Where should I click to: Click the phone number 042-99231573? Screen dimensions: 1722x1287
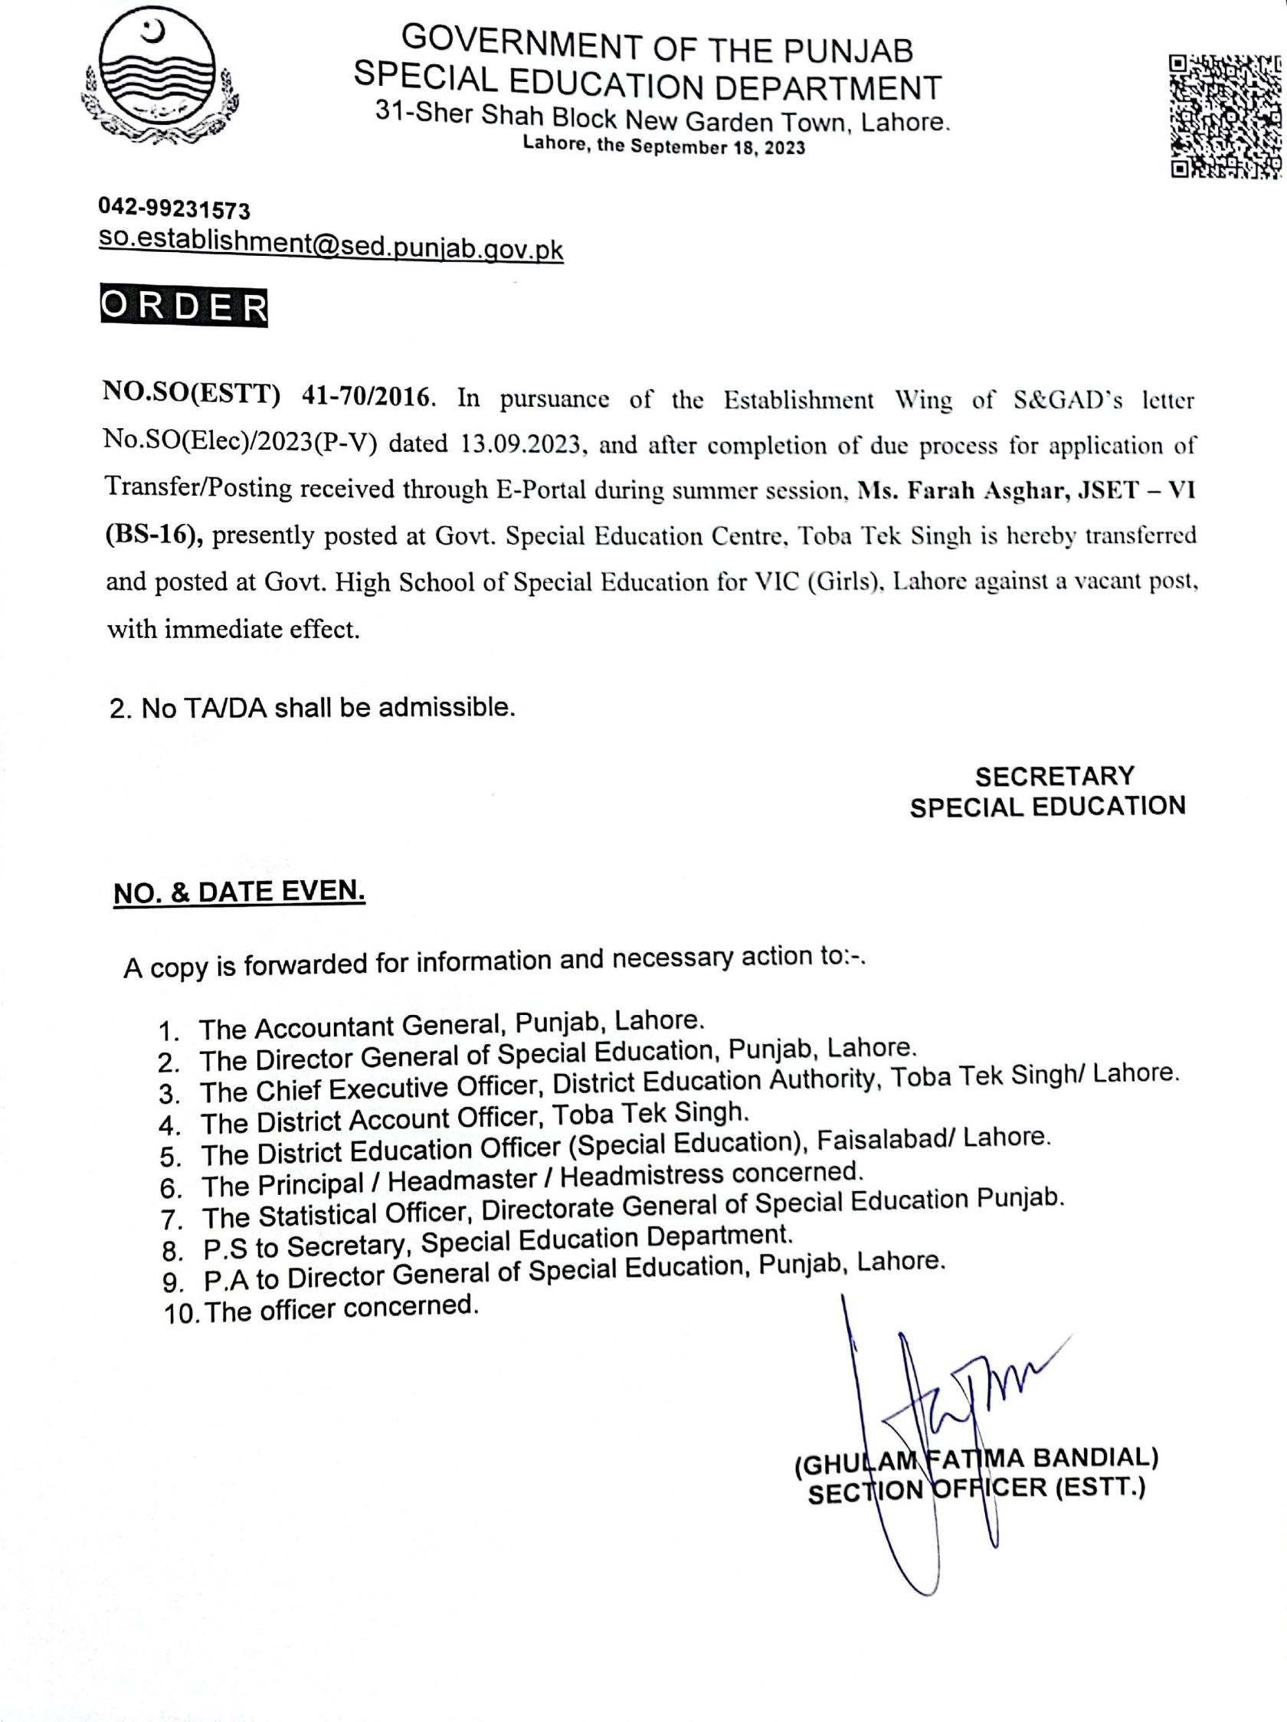[x=175, y=209]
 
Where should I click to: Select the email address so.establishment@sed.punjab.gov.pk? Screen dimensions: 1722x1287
[x=330, y=246]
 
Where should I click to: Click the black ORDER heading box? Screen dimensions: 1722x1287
[x=184, y=307]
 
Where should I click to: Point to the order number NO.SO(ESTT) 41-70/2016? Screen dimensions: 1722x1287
[x=267, y=397]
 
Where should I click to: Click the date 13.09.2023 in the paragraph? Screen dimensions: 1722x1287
[x=521, y=444]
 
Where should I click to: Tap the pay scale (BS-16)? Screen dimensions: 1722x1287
[x=154, y=535]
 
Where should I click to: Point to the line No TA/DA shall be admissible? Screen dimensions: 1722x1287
[x=313, y=708]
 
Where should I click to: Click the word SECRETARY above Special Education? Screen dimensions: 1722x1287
[x=1054, y=776]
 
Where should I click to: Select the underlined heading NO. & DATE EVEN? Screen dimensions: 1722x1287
[x=239, y=892]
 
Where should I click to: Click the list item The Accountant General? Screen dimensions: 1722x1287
[x=451, y=1024]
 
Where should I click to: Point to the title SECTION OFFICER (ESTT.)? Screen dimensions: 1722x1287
[x=976, y=1490]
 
